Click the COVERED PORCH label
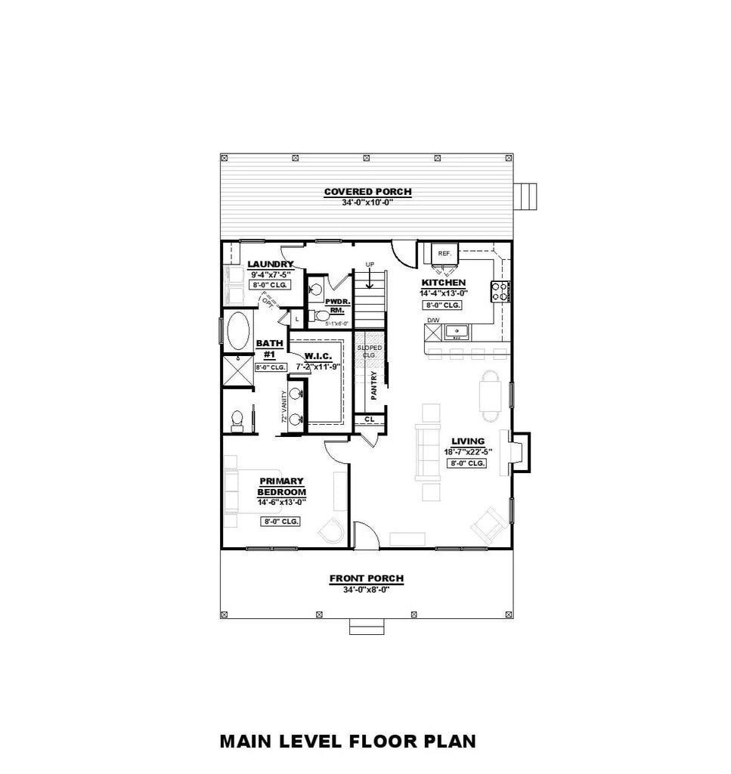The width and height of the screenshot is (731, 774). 367,191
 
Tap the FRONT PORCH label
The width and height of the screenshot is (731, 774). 366,578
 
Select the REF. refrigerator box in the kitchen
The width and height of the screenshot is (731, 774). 444,254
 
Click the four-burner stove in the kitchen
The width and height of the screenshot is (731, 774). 500,291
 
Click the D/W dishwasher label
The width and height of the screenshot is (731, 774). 432,320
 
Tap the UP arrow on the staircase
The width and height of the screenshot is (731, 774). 370,277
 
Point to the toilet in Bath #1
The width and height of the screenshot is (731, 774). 237,418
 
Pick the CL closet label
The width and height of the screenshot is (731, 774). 369,418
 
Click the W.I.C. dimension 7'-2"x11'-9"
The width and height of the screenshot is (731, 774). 318,366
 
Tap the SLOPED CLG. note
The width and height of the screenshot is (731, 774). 370,351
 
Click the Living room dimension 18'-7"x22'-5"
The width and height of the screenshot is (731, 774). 468,452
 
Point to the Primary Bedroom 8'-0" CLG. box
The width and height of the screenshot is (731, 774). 280,522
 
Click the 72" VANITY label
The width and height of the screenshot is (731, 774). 284,407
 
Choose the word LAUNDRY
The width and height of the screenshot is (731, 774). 270,264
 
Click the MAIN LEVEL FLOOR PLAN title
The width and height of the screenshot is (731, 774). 348,741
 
